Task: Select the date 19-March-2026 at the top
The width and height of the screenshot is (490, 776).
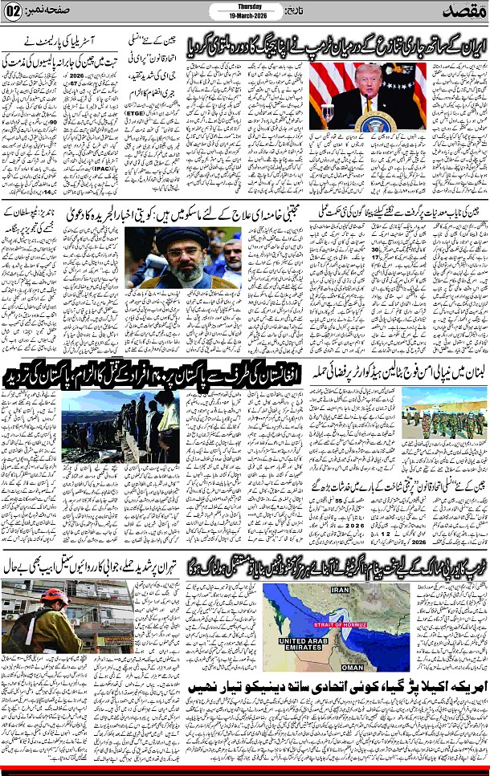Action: [x=234, y=16]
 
